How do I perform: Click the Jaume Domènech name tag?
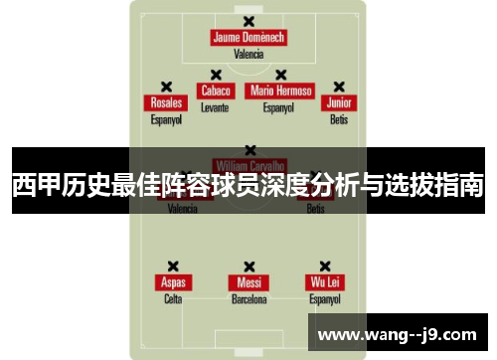248,38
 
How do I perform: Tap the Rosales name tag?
166,102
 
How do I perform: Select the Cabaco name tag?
216,90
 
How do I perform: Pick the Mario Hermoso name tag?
281,90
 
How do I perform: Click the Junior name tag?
340,102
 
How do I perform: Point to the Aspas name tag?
173,282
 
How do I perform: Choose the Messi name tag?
248,282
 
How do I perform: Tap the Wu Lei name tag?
325,282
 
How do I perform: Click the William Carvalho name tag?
248,165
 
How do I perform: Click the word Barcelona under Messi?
248,298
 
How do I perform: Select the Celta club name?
173,298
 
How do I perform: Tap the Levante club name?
215,106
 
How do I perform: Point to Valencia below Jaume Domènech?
248,55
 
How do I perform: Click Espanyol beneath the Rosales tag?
166,119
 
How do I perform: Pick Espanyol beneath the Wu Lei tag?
325,298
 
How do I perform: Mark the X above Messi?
248,267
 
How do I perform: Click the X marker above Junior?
339,87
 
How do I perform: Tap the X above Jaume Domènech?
248,21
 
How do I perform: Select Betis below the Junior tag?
340,119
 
